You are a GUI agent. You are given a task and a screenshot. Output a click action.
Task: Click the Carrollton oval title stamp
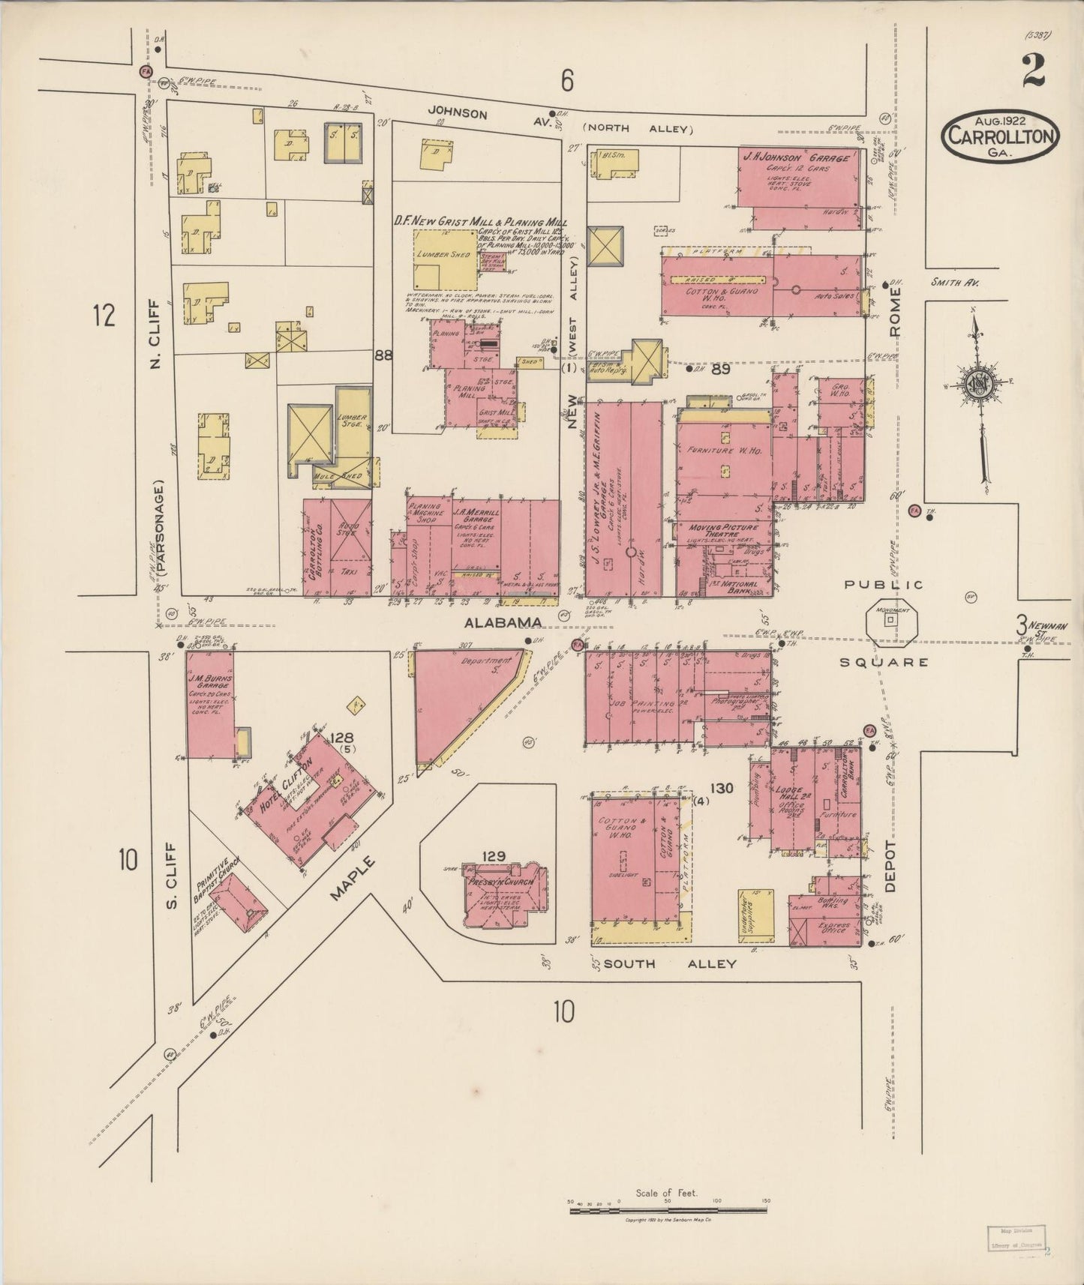1001,136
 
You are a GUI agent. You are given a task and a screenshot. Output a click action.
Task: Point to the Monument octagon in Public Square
891,621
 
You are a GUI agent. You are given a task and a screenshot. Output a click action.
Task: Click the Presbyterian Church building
504,896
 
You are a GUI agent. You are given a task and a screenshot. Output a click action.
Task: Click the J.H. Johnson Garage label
797,160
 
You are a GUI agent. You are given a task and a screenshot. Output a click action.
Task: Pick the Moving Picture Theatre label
724,532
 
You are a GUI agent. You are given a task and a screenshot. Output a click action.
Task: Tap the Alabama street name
502,622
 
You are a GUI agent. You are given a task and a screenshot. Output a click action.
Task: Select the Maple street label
353,883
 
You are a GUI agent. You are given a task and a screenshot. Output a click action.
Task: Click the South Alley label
670,963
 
